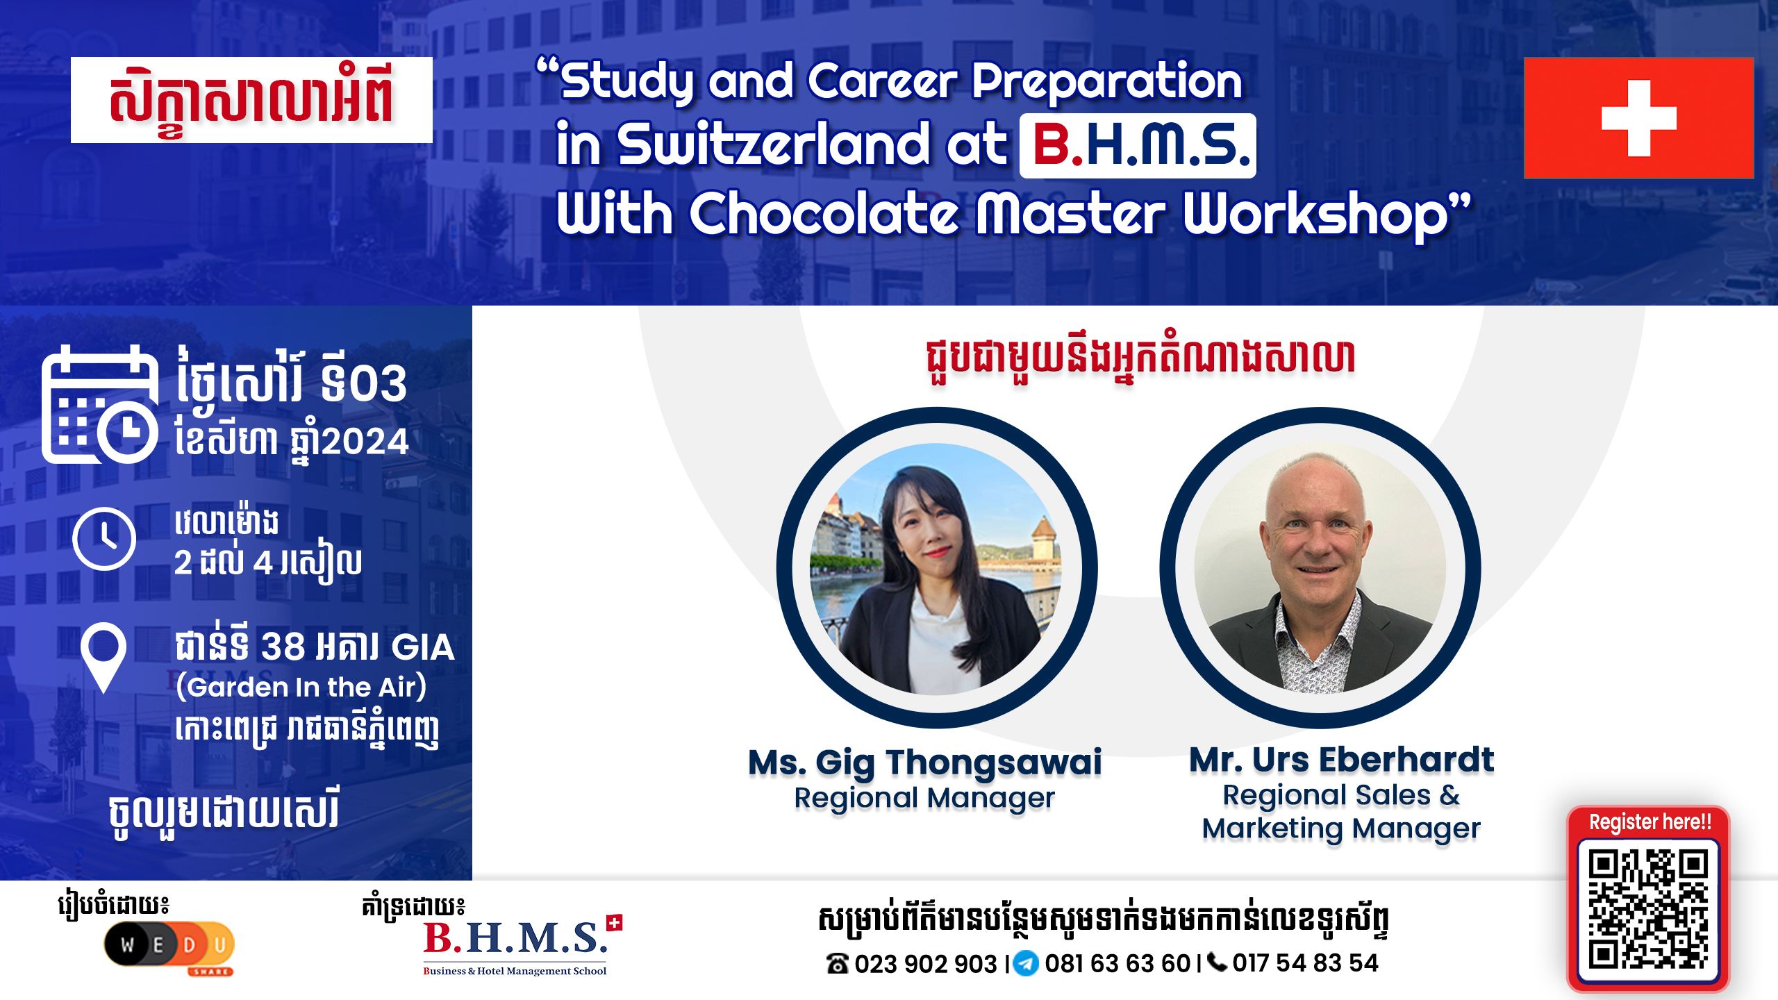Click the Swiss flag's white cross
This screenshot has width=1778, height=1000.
click(x=1638, y=118)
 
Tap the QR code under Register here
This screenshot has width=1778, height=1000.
click(x=1647, y=910)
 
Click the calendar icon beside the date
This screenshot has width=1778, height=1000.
click(x=99, y=404)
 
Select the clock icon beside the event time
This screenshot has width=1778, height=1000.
click(x=104, y=539)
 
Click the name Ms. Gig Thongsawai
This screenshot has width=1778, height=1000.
click(x=924, y=762)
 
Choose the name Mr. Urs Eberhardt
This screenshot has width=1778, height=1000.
click(x=1341, y=760)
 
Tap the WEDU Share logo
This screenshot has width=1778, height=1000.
click(x=169, y=946)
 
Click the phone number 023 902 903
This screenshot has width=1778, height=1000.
click(x=925, y=964)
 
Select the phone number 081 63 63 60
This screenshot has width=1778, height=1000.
click(x=1118, y=964)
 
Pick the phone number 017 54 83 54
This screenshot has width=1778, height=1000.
click(x=1305, y=963)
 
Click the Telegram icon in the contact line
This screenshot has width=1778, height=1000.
click(x=1025, y=964)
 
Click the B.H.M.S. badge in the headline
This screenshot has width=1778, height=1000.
click(x=1137, y=146)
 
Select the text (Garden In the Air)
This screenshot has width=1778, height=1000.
click(x=301, y=687)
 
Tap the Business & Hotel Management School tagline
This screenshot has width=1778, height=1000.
click(x=515, y=971)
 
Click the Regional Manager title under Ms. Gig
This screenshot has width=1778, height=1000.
click(x=924, y=798)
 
